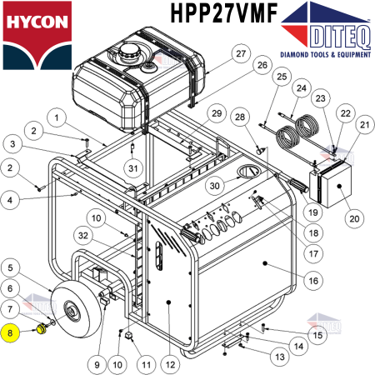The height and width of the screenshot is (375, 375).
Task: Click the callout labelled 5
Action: pyautogui.click(x=11, y=267)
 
